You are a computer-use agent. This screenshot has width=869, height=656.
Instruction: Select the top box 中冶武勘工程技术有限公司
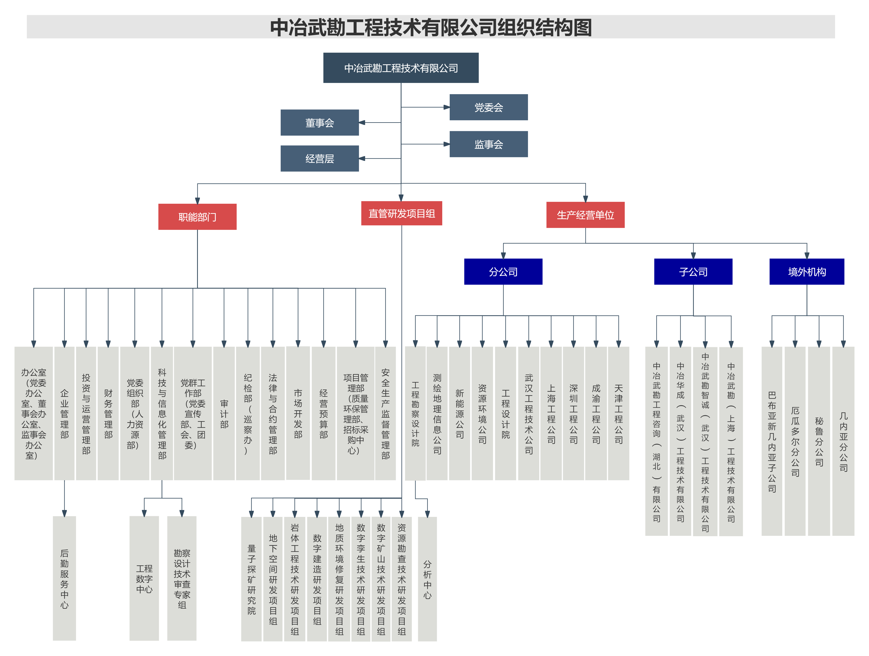(x=401, y=68)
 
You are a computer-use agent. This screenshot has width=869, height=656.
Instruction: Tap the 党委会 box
(x=488, y=107)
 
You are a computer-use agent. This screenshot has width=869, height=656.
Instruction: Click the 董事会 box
(x=319, y=123)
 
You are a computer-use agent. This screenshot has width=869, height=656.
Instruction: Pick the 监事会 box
(x=488, y=144)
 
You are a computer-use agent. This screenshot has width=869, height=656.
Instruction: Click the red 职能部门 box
(x=197, y=217)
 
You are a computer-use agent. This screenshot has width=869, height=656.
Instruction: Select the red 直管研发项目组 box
(x=401, y=213)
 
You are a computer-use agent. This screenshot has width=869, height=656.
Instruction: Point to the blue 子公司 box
(x=693, y=272)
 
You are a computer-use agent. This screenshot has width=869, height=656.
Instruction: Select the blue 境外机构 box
(x=807, y=272)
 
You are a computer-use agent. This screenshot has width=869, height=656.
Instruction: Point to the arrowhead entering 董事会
(x=362, y=123)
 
